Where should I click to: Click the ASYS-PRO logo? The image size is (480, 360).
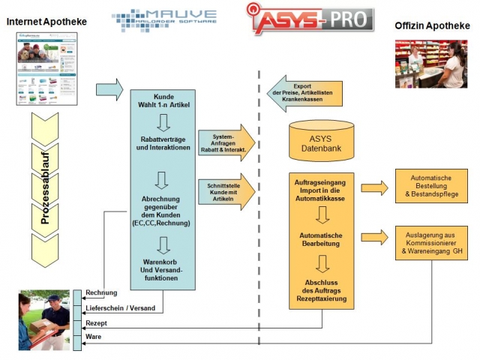tap(311, 19)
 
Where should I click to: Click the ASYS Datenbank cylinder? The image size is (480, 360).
tap(321, 139)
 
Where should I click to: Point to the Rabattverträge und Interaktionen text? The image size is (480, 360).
tap(163, 143)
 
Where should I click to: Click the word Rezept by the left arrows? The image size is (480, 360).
tap(97, 324)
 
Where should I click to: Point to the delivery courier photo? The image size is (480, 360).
tap(46, 319)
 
